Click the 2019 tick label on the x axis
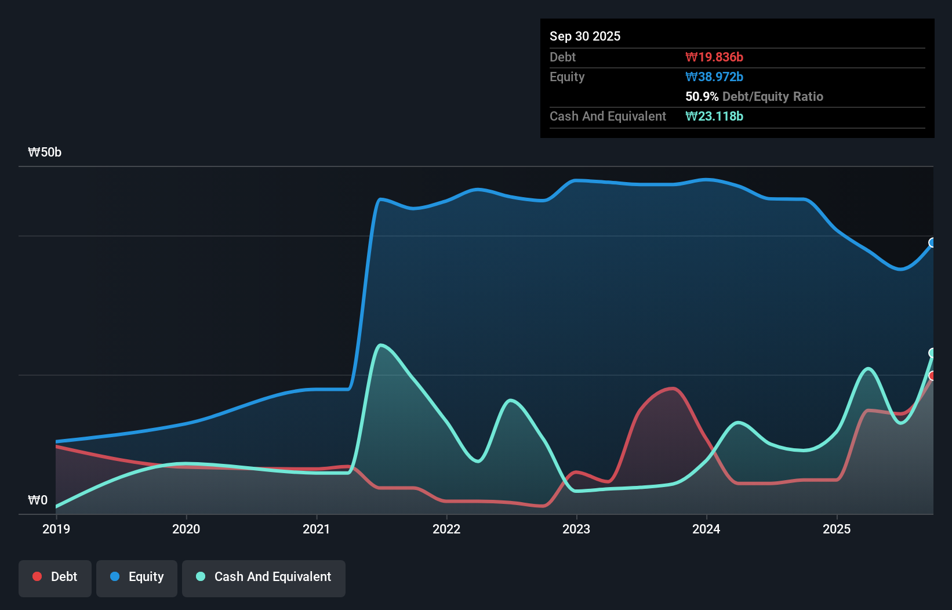pos(56,529)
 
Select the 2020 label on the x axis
pos(186,529)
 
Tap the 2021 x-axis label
pos(317,529)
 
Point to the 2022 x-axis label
pos(446,529)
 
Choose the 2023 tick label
pos(576,529)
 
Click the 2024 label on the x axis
pos(706,529)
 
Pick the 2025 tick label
pos(837,529)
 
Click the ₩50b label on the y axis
pos(45,152)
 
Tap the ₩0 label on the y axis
pos(38,500)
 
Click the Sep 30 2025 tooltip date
pos(585,36)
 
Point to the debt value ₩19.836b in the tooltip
pos(714,57)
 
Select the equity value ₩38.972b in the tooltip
pos(714,77)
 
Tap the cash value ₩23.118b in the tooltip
pos(714,116)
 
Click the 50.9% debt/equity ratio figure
pos(702,96)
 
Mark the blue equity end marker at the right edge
pos(932,242)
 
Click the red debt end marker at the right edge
pos(932,376)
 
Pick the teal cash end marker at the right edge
pos(932,353)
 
